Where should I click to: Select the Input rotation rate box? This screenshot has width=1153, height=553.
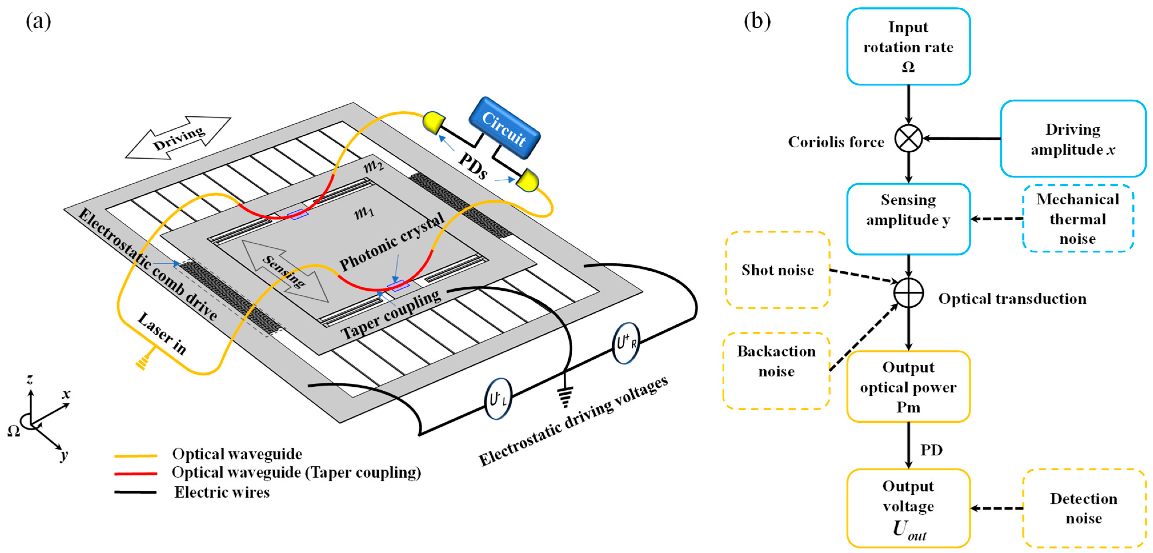point(908,47)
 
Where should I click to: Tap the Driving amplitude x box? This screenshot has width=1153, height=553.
point(1072,139)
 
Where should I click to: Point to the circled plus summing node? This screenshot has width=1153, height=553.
point(908,293)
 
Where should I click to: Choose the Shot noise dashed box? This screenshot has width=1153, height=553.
point(777,270)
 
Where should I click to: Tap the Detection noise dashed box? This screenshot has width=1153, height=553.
point(1083,508)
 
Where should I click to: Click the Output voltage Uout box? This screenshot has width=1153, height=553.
point(908,508)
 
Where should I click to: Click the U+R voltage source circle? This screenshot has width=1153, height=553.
point(626,343)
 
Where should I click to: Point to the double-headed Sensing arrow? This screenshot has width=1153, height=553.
point(285,271)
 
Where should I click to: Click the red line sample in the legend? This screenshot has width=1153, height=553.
point(136,473)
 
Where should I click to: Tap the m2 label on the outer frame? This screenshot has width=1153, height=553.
point(373,167)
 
